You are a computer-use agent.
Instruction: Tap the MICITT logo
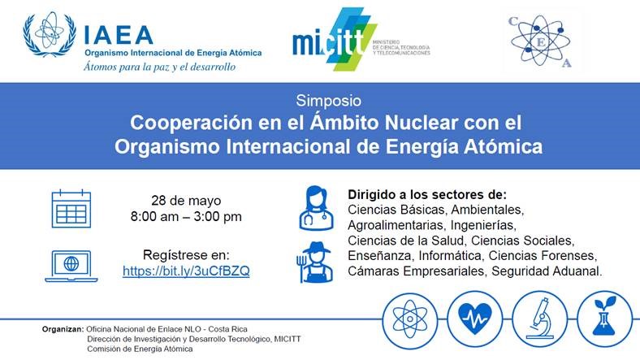click(361, 39)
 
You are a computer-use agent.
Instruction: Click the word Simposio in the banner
click(329, 101)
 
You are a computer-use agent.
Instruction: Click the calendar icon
click(71, 209)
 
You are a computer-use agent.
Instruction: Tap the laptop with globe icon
click(71, 266)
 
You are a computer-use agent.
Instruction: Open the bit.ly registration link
click(186, 271)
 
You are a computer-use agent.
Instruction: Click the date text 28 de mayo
click(186, 201)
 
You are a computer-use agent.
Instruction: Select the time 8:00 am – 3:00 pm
click(186, 216)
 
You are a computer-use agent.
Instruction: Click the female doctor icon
click(316, 208)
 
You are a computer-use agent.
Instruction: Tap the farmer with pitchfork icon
click(314, 262)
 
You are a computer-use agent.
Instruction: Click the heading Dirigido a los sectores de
click(427, 194)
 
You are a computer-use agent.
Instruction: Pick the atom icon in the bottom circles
click(410, 319)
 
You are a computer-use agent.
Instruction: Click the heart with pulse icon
click(474, 319)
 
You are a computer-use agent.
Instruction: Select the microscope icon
click(539, 319)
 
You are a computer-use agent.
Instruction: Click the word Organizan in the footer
click(63, 329)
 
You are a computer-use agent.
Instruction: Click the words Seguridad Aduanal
click(547, 271)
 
